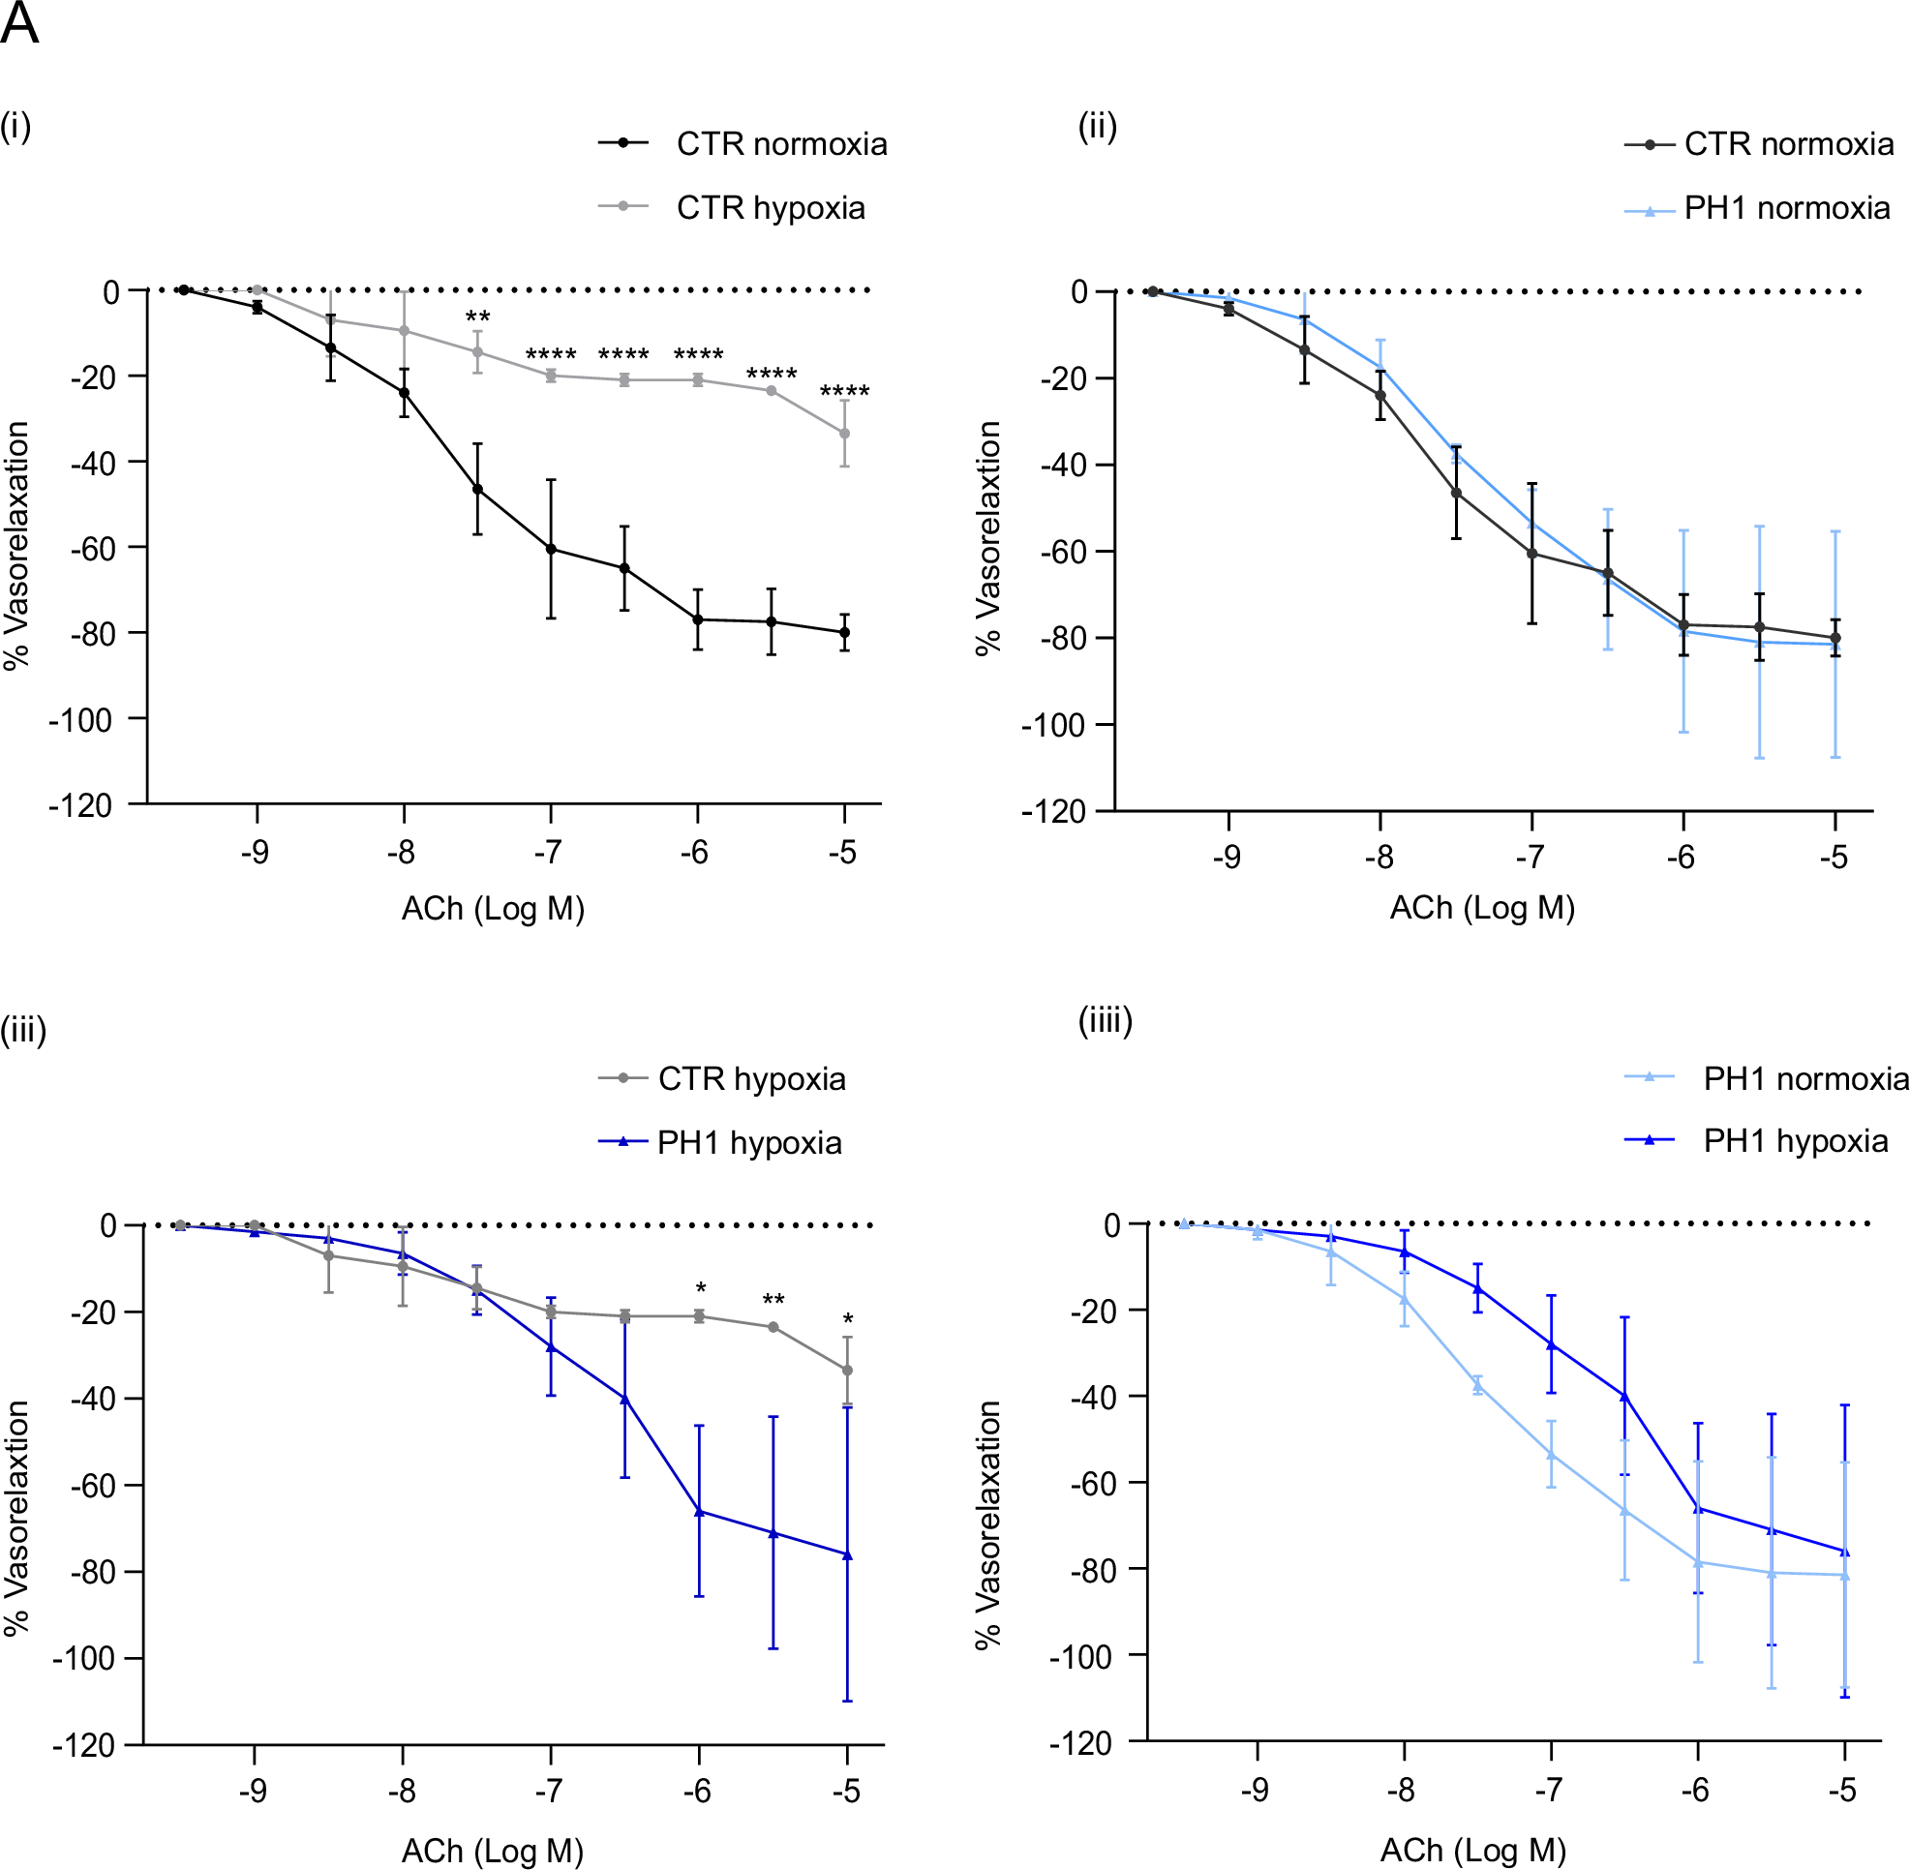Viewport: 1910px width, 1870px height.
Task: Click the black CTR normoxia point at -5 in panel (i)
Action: [x=844, y=632]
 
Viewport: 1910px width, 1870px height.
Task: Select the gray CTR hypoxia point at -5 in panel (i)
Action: [x=844, y=433]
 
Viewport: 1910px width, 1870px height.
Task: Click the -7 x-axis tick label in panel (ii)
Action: [x=1529, y=858]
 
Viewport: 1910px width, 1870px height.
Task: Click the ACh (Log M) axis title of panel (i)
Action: [x=492, y=909]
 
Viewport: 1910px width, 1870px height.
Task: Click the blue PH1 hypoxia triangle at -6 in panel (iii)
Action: [x=700, y=1512]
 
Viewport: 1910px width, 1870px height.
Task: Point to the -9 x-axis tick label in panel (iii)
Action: [x=253, y=1792]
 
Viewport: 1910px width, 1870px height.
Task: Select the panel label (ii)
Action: [x=1098, y=127]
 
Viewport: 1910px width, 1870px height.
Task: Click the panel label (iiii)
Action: [x=1106, y=1020]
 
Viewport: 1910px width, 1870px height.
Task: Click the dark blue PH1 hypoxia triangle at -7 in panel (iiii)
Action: [x=1552, y=1344]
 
